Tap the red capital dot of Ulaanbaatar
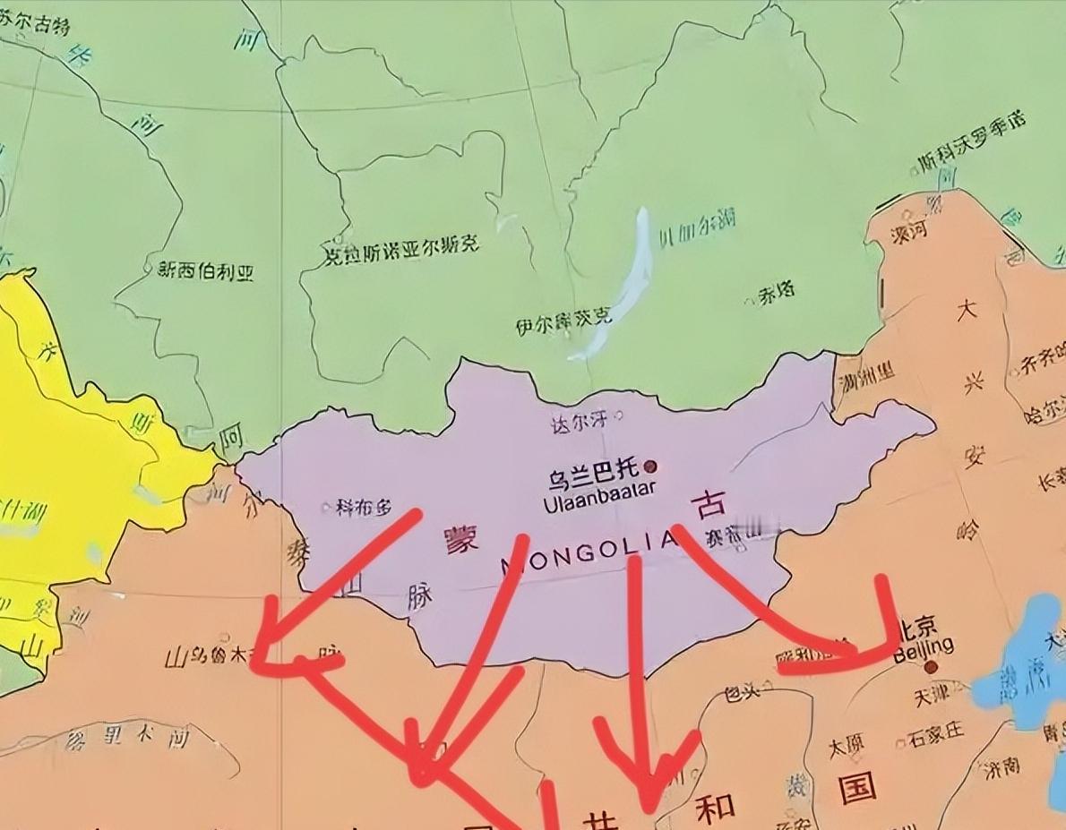(651, 466)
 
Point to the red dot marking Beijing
(931, 666)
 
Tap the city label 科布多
(364, 508)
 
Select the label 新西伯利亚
(205, 270)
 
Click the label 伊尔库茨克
(563, 321)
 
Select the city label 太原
(846, 745)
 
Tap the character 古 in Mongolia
(709, 507)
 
